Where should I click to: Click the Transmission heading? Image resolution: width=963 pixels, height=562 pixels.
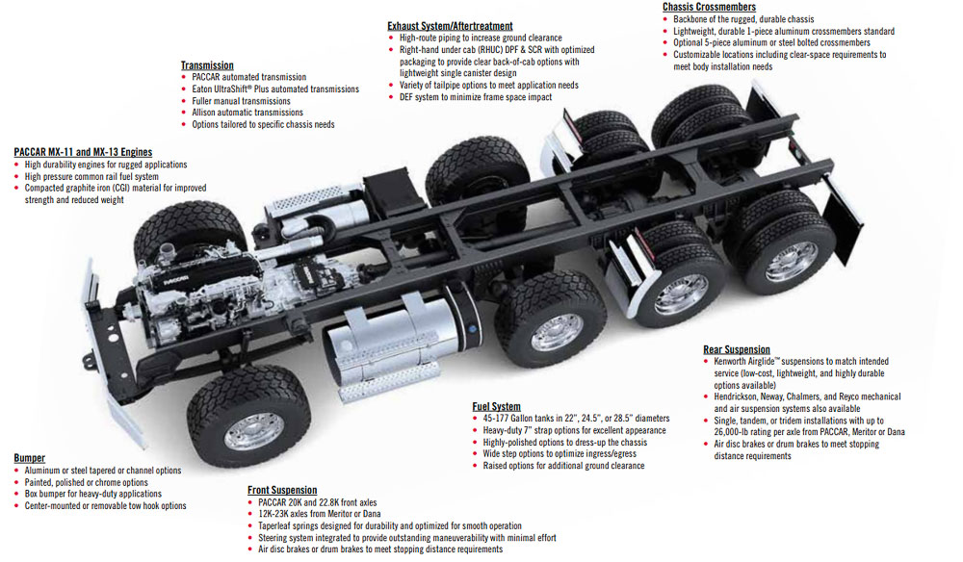click(x=206, y=65)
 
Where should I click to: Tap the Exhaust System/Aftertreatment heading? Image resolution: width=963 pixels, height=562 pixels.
click(x=450, y=26)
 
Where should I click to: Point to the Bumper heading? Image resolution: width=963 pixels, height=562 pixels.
click(x=30, y=458)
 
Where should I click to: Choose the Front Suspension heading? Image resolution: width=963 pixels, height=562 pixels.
click(x=282, y=491)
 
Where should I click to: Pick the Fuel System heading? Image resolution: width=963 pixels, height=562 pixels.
click(x=496, y=406)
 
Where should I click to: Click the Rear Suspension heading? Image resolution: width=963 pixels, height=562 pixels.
click(x=737, y=349)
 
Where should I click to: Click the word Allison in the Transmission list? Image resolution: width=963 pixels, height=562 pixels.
click(x=206, y=113)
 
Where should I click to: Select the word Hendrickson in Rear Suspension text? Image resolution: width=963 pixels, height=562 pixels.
click(x=742, y=396)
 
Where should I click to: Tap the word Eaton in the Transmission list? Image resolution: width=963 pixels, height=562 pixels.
click(x=204, y=89)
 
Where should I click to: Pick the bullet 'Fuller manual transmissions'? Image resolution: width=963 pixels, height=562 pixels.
click(x=241, y=101)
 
